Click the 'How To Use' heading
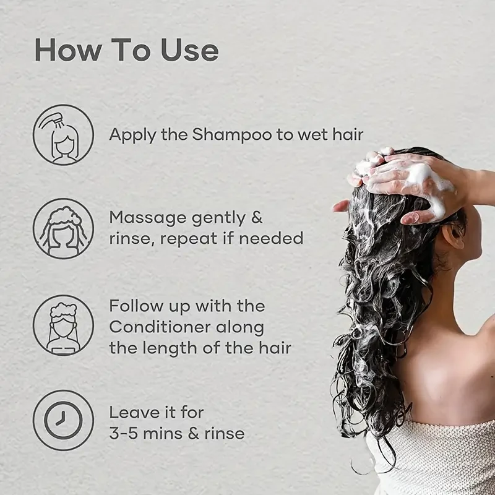pyautogui.click(x=126, y=49)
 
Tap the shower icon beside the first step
pyautogui.click(x=63, y=135)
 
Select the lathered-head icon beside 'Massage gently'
pyautogui.click(x=63, y=228)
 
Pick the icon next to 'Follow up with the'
pyautogui.click(x=63, y=325)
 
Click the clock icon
pyautogui.click(x=63, y=420)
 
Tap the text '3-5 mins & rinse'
pyautogui.click(x=177, y=433)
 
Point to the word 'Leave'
pyautogui.click(x=132, y=412)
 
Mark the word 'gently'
pyautogui.click(x=219, y=218)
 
